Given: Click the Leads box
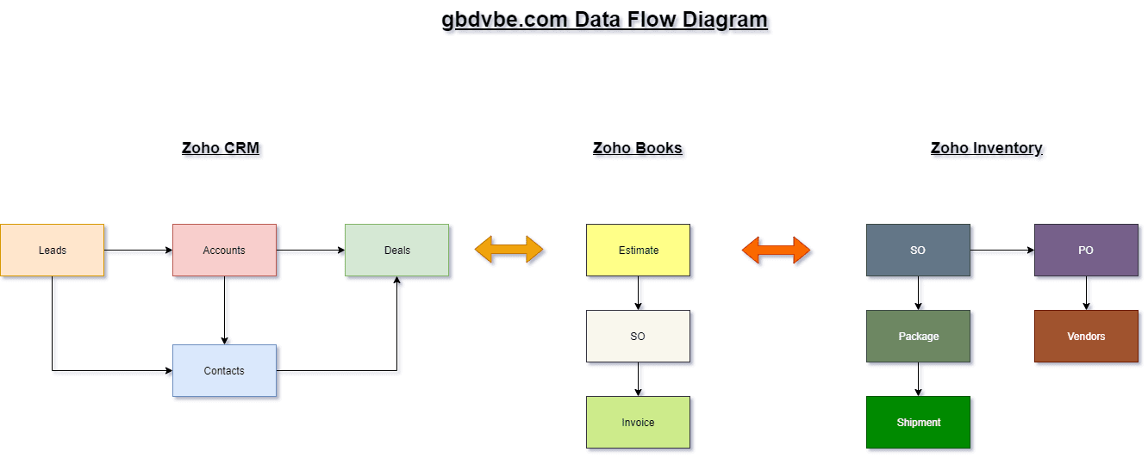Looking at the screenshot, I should (52, 251).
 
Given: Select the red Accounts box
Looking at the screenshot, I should (224, 251).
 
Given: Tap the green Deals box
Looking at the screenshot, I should (396, 251).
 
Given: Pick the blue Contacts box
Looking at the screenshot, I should (224, 371).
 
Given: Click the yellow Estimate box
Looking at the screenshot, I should (638, 251).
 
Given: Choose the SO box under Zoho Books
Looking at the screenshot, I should (638, 337).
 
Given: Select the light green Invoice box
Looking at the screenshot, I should (638, 423).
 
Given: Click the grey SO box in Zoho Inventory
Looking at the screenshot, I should (918, 251).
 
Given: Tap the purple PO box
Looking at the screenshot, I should (1086, 251).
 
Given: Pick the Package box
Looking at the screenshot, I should (918, 337).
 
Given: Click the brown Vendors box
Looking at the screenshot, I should (1086, 337).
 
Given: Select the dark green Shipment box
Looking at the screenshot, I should (918, 423).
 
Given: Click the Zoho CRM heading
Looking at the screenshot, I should (221, 148).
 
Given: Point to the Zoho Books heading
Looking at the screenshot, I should (638, 148).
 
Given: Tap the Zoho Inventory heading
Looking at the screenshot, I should (987, 148).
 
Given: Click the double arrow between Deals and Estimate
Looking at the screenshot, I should (509, 250).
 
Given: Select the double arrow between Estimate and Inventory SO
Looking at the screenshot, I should (777, 250).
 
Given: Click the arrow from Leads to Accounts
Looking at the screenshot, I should (138, 251).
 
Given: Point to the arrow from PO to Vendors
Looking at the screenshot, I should (1086, 294).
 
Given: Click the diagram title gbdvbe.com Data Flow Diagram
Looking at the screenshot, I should (604, 19).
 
